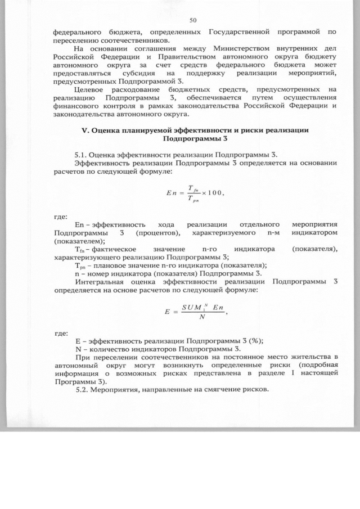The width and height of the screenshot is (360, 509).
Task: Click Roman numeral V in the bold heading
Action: [85, 130]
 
